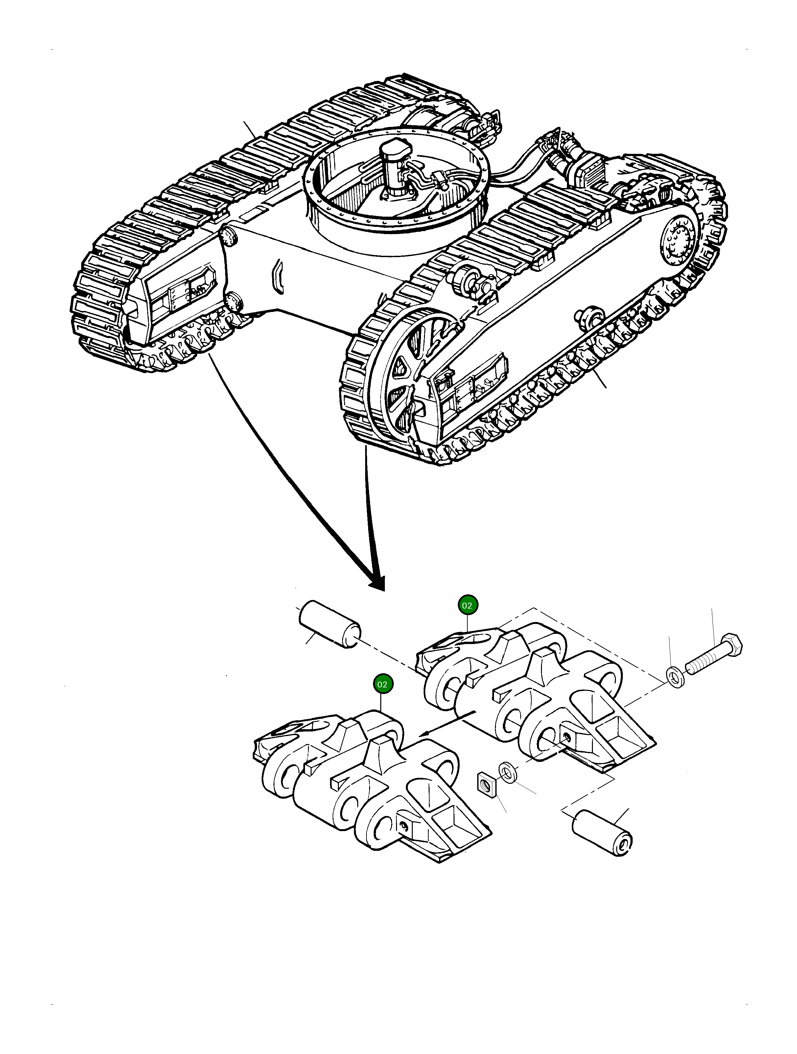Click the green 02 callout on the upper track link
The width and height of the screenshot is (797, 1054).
[x=467, y=605]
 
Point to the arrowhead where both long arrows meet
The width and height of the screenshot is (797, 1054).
[x=377, y=582]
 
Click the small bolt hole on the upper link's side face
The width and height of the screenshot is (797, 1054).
[x=566, y=738]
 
